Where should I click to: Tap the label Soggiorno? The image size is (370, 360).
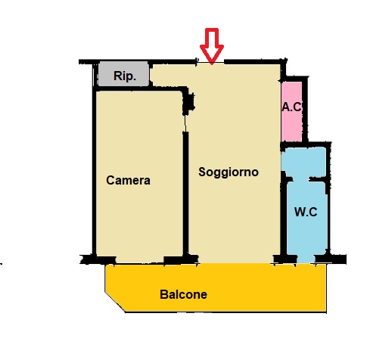click(x=229, y=172)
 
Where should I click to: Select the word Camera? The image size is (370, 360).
click(x=128, y=180)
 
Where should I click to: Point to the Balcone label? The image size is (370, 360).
click(x=183, y=294)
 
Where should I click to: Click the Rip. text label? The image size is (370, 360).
click(x=125, y=76)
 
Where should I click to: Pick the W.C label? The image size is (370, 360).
click(x=306, y=212)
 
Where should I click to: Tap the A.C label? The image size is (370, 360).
click(x=292, y=107)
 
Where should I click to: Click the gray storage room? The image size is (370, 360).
click(x=123, y=73)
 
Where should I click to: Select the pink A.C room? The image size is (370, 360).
click(x=292, y=111)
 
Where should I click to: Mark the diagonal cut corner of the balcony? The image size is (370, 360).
click(x=115, y=302)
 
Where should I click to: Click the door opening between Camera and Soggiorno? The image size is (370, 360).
click(x=185, y=123)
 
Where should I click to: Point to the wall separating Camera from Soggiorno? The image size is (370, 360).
click(x=185, y=194)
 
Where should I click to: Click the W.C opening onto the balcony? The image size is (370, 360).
click(x=306, y=259)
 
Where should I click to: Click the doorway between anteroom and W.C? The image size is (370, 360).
click(x=301, y=179)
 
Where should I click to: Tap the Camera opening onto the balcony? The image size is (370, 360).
click(x=140, y=259)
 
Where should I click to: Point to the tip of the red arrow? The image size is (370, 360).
click(x=212, y=64)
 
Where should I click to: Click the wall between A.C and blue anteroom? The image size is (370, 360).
click(x=306, y=144)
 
